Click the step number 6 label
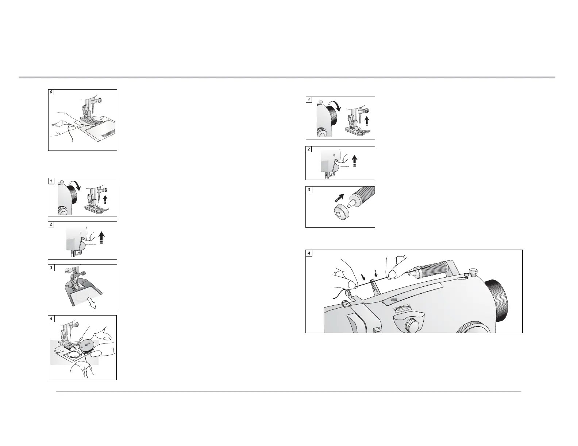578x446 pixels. click(51, 92)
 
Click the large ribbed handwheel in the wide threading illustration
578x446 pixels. click(496, 301)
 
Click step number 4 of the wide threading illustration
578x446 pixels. click(309, 253)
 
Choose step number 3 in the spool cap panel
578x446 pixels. click(309, 190)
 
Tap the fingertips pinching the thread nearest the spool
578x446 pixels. click(392, 274)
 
